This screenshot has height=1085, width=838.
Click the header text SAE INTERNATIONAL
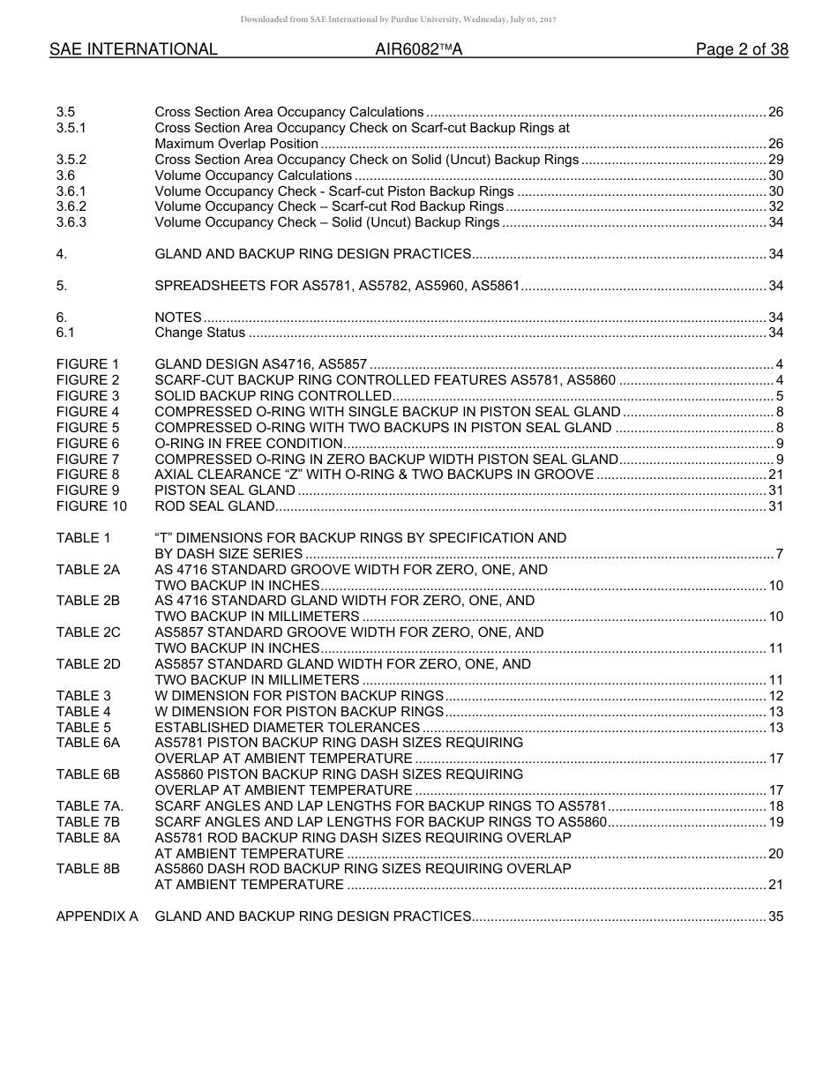click(133, 50)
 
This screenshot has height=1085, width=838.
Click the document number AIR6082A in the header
click(418, 50)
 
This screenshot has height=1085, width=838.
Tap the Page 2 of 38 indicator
click(741, 50)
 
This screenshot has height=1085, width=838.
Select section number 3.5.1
click(71, 128)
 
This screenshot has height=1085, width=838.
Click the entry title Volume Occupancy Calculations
click(253, 176)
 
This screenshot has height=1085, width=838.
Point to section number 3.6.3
click(71, 222)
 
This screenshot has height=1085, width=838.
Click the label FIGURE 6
click(87, 444)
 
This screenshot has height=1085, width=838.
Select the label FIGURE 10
click(91, 506)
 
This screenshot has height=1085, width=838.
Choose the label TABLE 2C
click(88, 632)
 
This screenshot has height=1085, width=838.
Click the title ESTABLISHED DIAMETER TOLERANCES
click(287, 728)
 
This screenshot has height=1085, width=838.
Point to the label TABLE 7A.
click(90, 806)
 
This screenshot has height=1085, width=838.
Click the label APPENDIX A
click(97, 917)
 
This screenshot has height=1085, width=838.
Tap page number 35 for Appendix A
click(775, 917)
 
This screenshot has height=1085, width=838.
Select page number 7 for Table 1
click(779, 554)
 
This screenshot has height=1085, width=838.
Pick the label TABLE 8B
click(88, 869)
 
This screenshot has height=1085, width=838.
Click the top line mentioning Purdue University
click(398, 19)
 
